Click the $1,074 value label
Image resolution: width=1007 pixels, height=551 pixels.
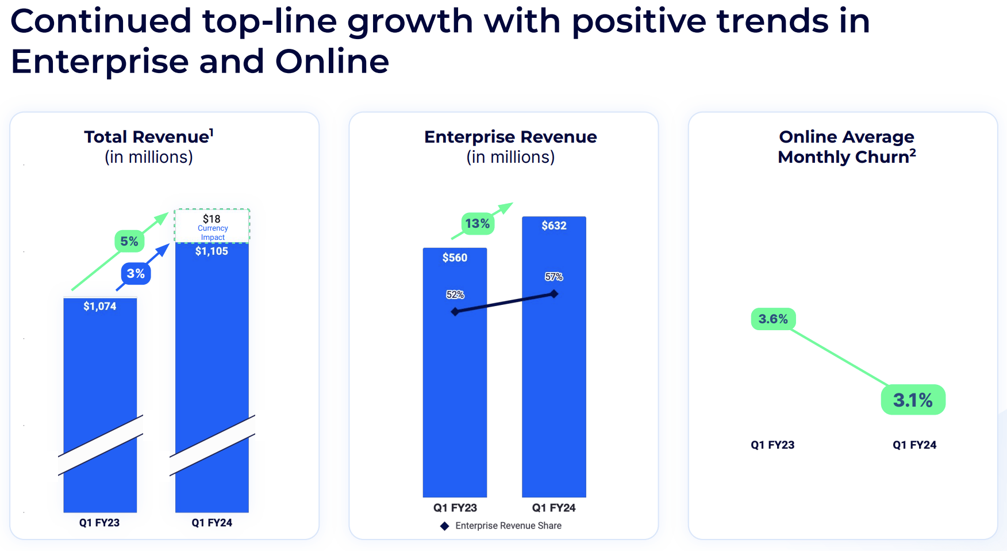point(100,306)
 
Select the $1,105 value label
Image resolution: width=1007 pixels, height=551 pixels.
point(212,251)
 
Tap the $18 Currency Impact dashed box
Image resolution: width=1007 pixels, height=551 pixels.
point(212,226)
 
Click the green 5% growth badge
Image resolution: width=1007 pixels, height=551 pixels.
point(129,241)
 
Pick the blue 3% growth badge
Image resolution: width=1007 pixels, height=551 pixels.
point(136,273)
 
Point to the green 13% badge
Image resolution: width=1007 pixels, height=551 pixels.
point(478,223)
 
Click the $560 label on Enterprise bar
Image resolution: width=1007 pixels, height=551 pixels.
point(455,258)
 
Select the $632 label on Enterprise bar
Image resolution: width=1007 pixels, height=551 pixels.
point(554,225)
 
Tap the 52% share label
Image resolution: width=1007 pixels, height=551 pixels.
point(455,294)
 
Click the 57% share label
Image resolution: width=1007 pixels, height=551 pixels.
point(554,277)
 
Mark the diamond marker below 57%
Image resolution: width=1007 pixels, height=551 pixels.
point(554,294)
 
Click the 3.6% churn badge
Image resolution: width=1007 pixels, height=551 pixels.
point(773,319)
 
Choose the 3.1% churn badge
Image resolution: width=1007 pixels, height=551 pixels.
point(913,400)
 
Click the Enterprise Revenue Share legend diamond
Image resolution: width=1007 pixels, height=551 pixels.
point(444,526)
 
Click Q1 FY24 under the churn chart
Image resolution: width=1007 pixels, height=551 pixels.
point(914,445)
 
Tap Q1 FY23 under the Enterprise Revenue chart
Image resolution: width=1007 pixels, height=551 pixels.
point(455,507)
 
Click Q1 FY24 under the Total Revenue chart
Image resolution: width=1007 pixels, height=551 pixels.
point(212,522)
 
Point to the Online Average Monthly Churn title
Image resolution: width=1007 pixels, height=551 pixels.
point(846,147)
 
